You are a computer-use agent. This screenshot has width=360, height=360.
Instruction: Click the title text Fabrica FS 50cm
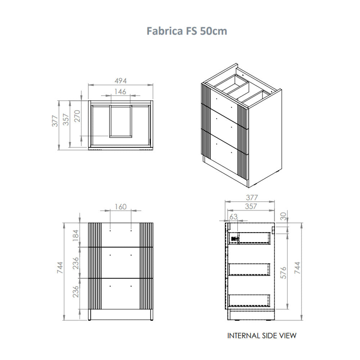186,31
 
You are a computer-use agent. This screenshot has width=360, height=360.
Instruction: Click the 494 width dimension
121,81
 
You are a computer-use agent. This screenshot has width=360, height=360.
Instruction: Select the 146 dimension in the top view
120,91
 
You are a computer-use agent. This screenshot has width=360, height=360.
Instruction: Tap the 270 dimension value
77,116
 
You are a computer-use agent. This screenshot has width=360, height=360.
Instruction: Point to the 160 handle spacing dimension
121,207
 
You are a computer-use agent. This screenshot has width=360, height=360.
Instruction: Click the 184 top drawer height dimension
76,235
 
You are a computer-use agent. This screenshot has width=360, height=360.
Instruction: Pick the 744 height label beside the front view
60,267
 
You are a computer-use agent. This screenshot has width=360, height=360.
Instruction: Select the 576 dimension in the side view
284,273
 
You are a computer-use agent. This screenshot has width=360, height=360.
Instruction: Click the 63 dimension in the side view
233,216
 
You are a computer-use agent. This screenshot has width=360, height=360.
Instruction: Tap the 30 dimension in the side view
283,216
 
